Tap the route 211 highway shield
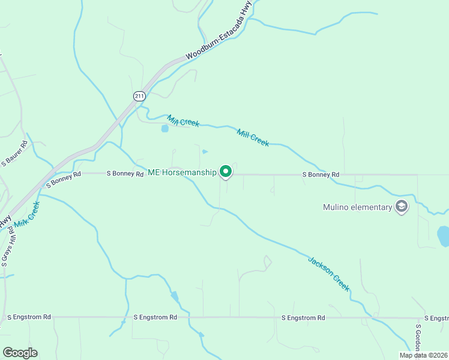(x=139, y=96)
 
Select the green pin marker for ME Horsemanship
(x=226, y=172)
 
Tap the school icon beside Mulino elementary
(x=402, y=208)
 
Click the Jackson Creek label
(x=328, y=274)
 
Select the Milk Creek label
(x=27, y=214)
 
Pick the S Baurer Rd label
(x=15, y=154)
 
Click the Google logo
(x=20, y=353)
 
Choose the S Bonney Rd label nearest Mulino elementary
(x=321, y=175)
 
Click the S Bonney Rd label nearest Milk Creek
(x=62, y=178)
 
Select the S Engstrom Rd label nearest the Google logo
(x=28, y=317)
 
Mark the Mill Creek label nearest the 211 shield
(x=183, y=121)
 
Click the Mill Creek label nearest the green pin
(x=253, y=137)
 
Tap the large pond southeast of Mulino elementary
(x=444, y=236)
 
